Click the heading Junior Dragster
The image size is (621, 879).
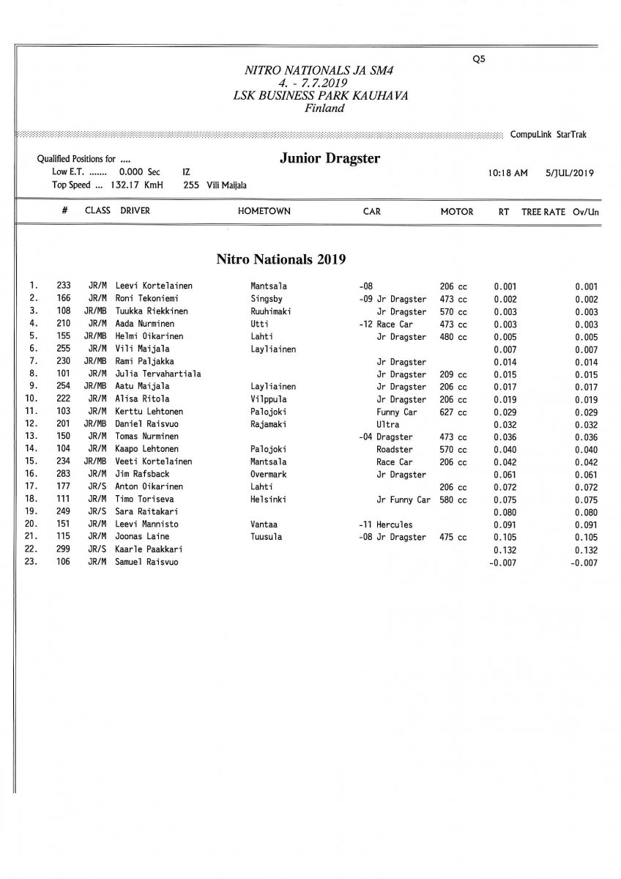coord(330,159)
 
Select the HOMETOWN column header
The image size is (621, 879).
coord(264,211)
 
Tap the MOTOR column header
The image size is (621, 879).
coord(456,211)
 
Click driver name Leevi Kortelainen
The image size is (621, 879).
coord(154,286)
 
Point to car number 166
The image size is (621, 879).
coord(63,299)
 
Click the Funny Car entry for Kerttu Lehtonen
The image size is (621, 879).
coord(396,412)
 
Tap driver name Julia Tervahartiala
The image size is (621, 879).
coord(158,374)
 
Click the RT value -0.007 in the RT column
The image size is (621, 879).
coord(502,563)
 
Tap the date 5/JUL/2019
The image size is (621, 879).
coord(569,174)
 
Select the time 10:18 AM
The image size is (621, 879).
coord(507,174)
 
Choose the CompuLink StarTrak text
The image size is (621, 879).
coord(548,135)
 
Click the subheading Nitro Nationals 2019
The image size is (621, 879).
coord(280,259)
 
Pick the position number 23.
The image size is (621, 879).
coord(31,563)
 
